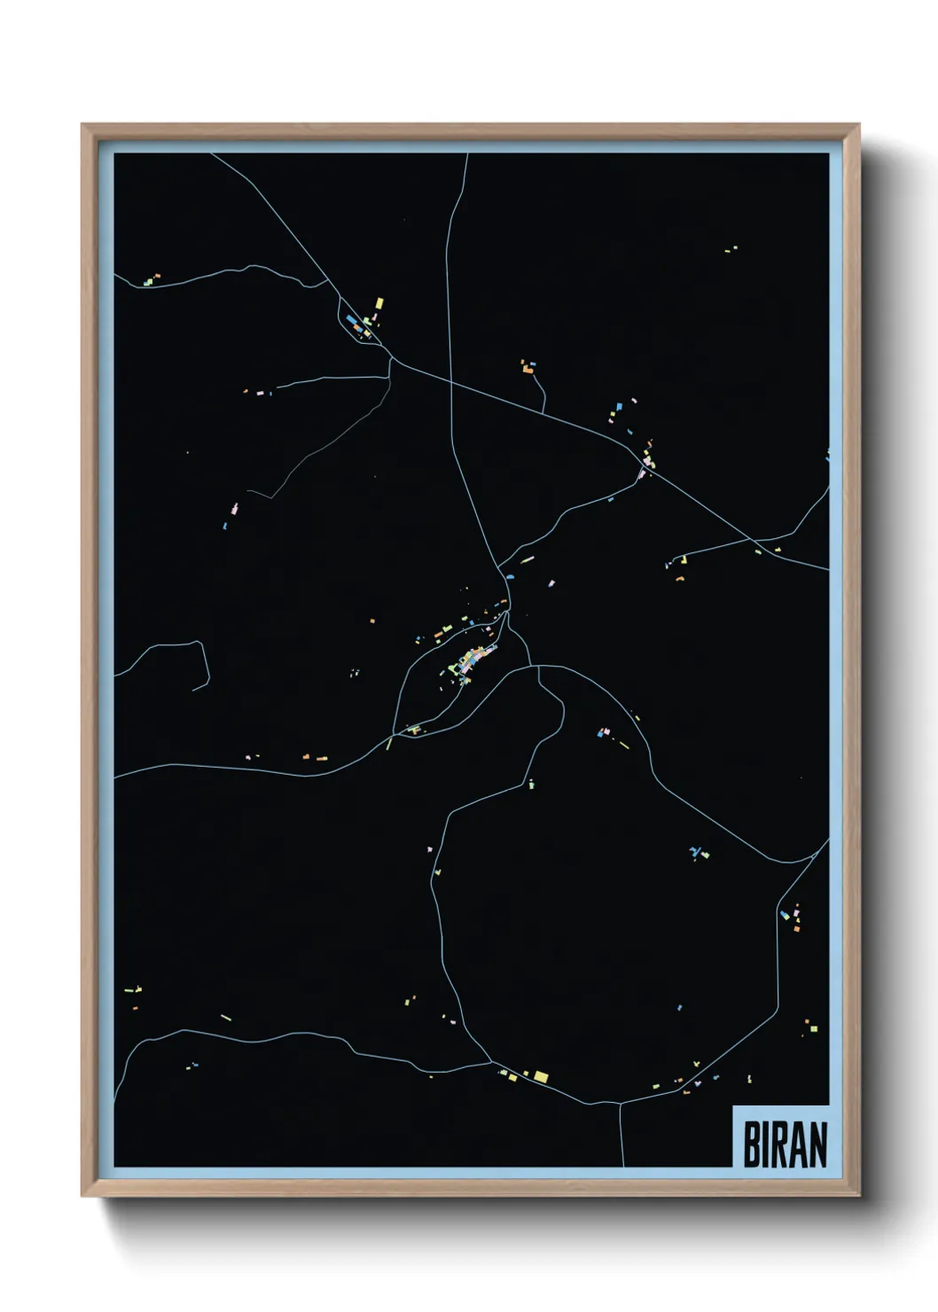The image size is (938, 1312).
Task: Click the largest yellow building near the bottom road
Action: click(541, 1077)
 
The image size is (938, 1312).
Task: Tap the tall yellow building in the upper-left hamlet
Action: click(379, 303)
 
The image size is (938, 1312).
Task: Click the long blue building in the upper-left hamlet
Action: click(352, 320)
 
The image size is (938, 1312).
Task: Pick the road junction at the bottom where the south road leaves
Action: click(620, 1104)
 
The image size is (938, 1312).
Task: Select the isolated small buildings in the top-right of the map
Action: click(731, 250)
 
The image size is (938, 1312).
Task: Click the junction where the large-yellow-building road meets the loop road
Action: click(492, 1061)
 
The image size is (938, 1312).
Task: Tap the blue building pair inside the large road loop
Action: click(698, 854)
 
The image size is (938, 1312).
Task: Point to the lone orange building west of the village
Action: click(372, 621)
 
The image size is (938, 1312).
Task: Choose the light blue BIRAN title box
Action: click(780, 1136)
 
